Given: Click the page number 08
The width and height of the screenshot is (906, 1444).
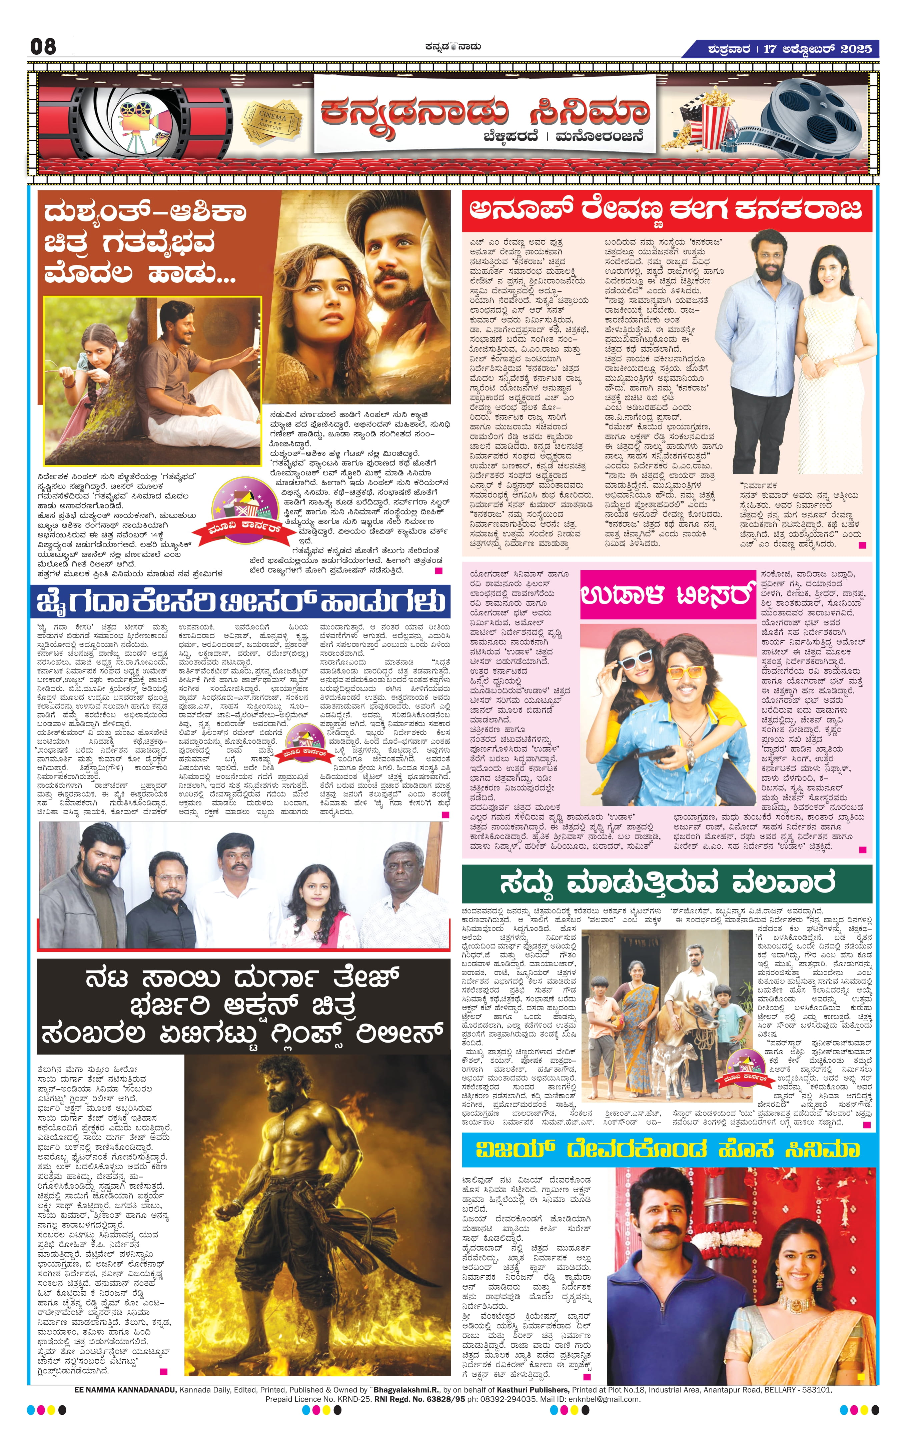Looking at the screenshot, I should [43, 47].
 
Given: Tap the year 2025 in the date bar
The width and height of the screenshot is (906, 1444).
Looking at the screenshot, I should [856, 49].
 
